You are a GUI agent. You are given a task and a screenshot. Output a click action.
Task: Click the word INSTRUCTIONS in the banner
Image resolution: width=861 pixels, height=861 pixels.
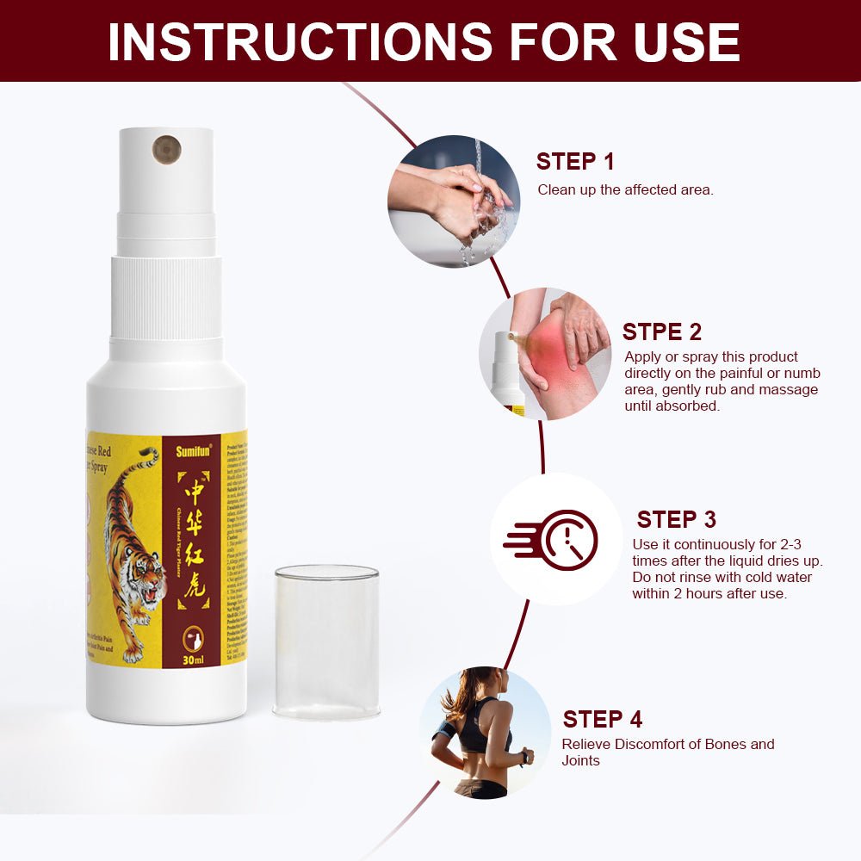pos(293,40)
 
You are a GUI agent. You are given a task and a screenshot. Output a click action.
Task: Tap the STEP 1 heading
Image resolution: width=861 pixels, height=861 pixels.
pos(575,161)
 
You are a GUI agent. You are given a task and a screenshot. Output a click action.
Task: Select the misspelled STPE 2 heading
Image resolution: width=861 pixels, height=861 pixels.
pos(661,331)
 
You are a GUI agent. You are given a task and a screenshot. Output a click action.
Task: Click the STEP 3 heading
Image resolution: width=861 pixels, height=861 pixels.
pos(676,519)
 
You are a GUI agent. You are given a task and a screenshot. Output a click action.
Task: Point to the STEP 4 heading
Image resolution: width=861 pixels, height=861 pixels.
pos(602,720)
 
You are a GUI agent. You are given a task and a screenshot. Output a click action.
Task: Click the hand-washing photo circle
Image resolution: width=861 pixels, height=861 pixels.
pos(454,201)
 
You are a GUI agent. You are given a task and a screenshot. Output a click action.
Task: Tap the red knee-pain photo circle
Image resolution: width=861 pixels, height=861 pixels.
pos(544,354)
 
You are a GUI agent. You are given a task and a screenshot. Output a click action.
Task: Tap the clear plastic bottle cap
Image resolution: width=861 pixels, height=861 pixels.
pos(326,641)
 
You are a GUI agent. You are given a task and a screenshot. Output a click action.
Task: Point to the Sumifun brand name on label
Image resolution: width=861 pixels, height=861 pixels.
pos(192,450)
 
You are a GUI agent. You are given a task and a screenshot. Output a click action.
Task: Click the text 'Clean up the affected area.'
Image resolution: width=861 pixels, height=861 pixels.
pos(625,189)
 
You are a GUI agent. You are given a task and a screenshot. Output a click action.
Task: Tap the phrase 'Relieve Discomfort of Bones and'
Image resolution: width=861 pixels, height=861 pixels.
pos(667,744)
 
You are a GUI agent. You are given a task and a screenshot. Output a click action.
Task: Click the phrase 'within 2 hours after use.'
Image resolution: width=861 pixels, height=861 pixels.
pos(709,593)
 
